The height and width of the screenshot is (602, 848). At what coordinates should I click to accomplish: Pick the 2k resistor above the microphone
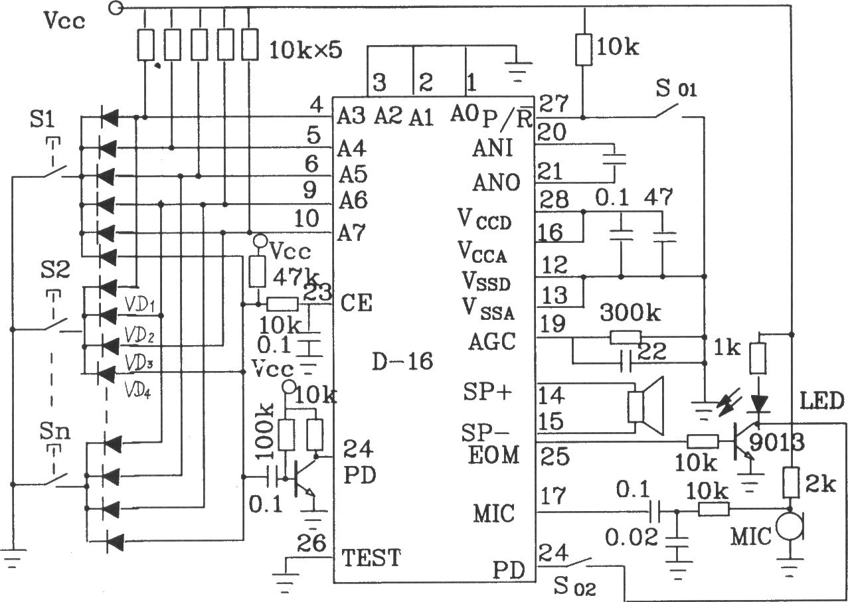pos(790,483)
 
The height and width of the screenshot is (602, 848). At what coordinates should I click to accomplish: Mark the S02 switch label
pos(573,587)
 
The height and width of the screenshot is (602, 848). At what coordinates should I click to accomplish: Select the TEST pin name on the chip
pos(371,558)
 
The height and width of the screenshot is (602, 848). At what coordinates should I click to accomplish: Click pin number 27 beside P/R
pos(554,104)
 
